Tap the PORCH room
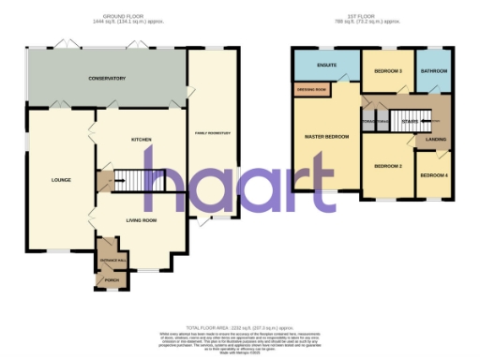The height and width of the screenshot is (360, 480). [x=111, y=279]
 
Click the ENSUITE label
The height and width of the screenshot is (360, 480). [x=327, y=66]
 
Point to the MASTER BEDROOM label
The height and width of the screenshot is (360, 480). [x=326, y=138]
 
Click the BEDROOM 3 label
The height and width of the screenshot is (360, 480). [x=388, y=71]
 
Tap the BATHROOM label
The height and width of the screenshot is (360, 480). [x=433, y=71]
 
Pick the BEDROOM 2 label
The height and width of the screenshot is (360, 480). [x=387, y=166]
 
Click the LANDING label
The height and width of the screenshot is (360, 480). [x=436, y=140]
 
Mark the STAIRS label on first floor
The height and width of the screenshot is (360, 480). [x=409, y=121]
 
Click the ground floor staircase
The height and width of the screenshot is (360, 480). [x=141, y=179]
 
